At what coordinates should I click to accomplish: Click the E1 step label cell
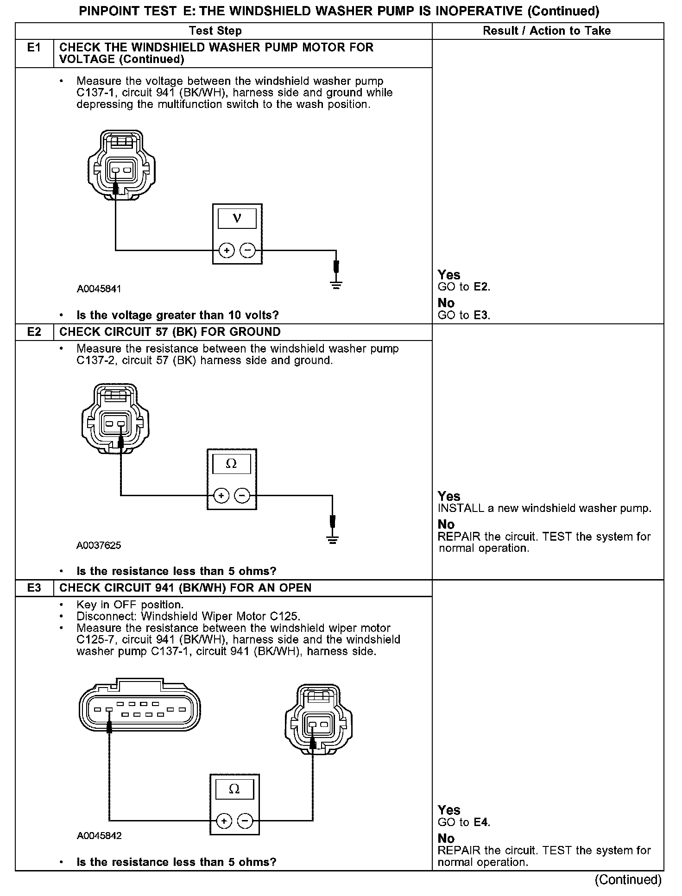35,48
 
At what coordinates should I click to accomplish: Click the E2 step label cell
35,332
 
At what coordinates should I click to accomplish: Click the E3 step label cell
35,588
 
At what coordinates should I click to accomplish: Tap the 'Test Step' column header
215,31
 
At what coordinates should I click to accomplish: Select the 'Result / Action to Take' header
547,31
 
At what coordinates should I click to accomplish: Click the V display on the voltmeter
237,218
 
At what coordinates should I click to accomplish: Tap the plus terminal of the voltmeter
227,251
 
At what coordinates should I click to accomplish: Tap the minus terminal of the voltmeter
248,251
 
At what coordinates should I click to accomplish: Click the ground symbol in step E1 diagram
336,284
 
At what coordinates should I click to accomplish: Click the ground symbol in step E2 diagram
332,539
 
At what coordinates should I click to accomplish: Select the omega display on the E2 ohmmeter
231,464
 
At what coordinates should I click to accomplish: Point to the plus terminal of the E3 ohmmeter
224,821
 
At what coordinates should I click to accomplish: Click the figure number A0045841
99,289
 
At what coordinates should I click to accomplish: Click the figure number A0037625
99,545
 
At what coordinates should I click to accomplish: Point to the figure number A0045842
99,836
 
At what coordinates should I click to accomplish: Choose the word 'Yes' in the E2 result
449,496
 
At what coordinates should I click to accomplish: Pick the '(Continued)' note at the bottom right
628,880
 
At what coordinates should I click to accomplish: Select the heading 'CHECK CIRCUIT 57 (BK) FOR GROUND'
170,332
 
